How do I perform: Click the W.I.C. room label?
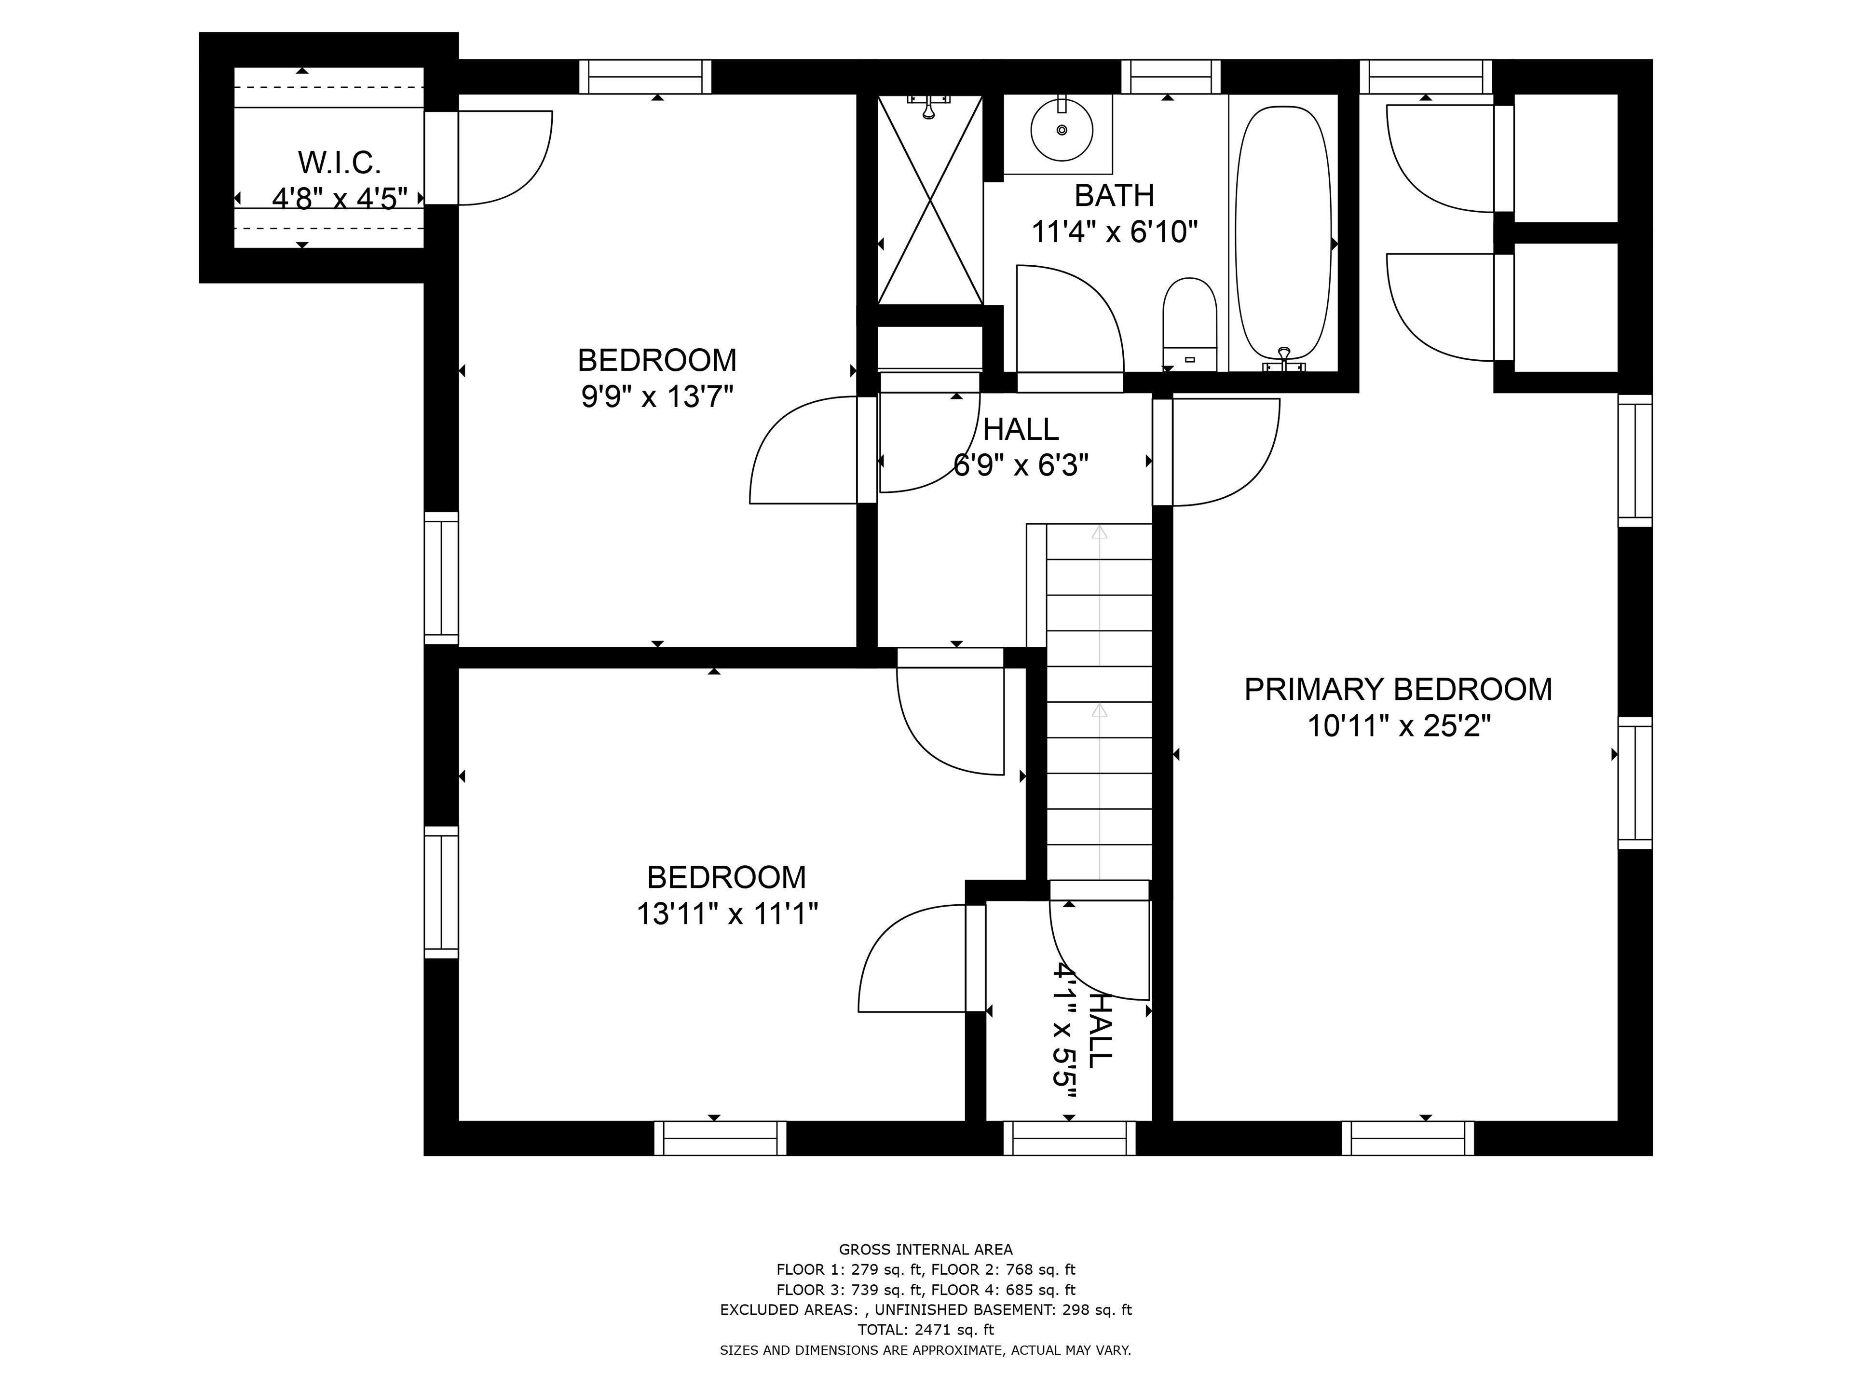339,163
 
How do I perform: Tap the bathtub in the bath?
1283,238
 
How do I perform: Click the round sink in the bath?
1062,130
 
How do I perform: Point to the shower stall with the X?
929,199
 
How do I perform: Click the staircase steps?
1099,702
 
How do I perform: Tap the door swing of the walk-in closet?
505,157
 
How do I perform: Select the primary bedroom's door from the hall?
1226,452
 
